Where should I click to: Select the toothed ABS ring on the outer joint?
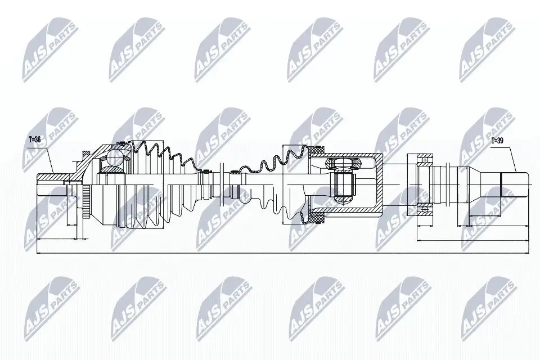coord(85,199)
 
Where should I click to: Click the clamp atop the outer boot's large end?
coord(119,143)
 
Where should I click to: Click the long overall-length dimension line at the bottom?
coord(281,254)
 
